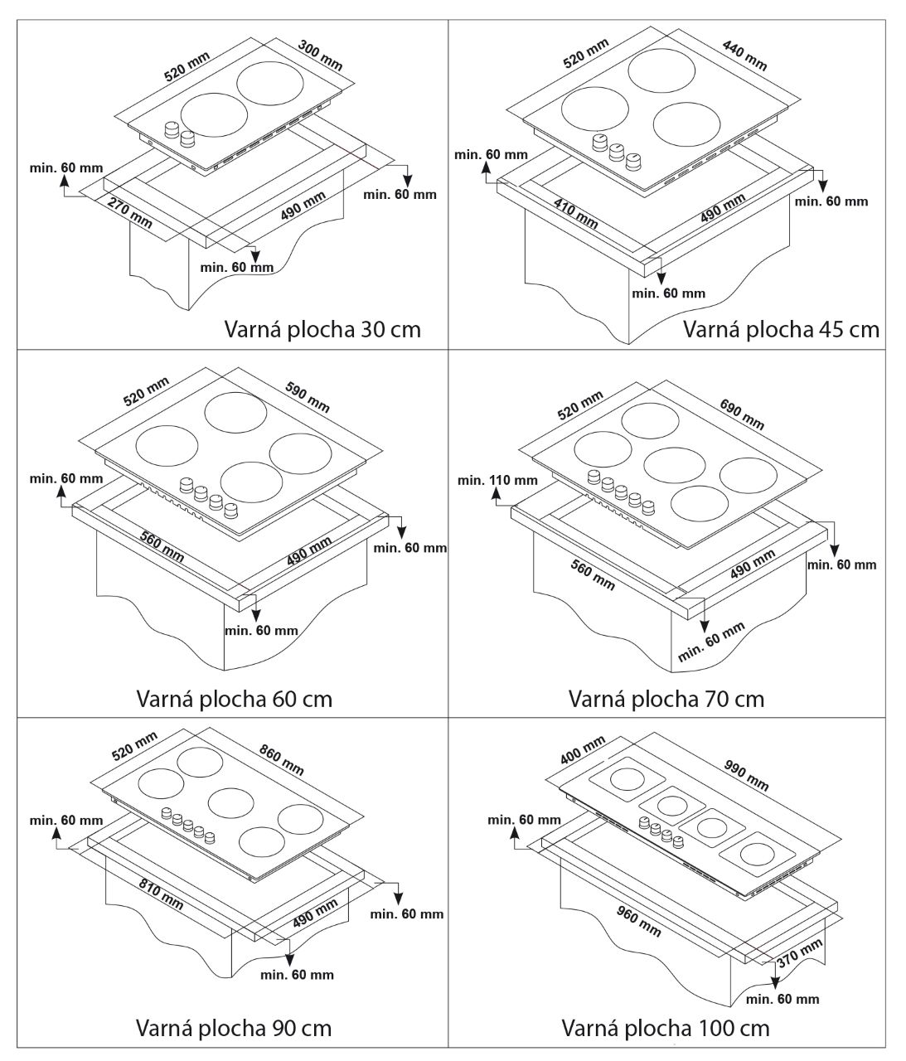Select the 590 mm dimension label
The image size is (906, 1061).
pyautogui.click(x=308, y=396)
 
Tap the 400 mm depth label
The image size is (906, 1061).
pyautogui.click(x=583, y=751)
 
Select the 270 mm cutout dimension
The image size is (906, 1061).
pyautogui.click(x=130, y=211)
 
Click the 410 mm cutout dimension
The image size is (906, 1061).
pyautogui.click(x=574, y=213)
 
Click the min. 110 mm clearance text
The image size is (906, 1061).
pyautogui.click(x=497, y=480)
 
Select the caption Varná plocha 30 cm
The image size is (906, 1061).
pyautogui.click(x=322, y=329)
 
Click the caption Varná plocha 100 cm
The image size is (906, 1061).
pyautogui.click(x=665, y=1029)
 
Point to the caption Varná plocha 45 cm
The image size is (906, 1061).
pyautogui.click(x=780, y=329)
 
